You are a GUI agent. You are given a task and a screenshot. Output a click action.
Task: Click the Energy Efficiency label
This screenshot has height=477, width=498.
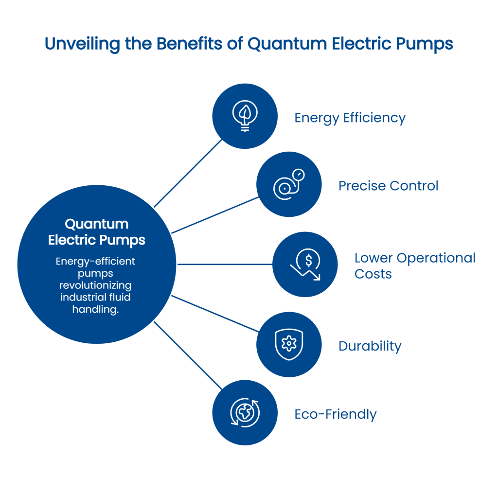(x=350, y=118)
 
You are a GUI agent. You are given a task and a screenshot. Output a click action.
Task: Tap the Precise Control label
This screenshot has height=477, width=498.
(x=388, y=186)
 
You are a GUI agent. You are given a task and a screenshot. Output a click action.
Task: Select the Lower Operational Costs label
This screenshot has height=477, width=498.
(x=414, y=265)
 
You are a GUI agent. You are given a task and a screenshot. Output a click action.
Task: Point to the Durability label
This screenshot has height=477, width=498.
(x=370, y=347)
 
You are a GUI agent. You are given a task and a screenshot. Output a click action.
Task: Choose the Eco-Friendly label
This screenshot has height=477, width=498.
(x=336, y=414)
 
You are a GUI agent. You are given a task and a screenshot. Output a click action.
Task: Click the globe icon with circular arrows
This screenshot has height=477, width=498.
(x=245, y=413)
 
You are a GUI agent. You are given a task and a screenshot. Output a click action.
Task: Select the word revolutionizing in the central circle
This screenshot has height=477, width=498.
(x=96, y=285)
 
